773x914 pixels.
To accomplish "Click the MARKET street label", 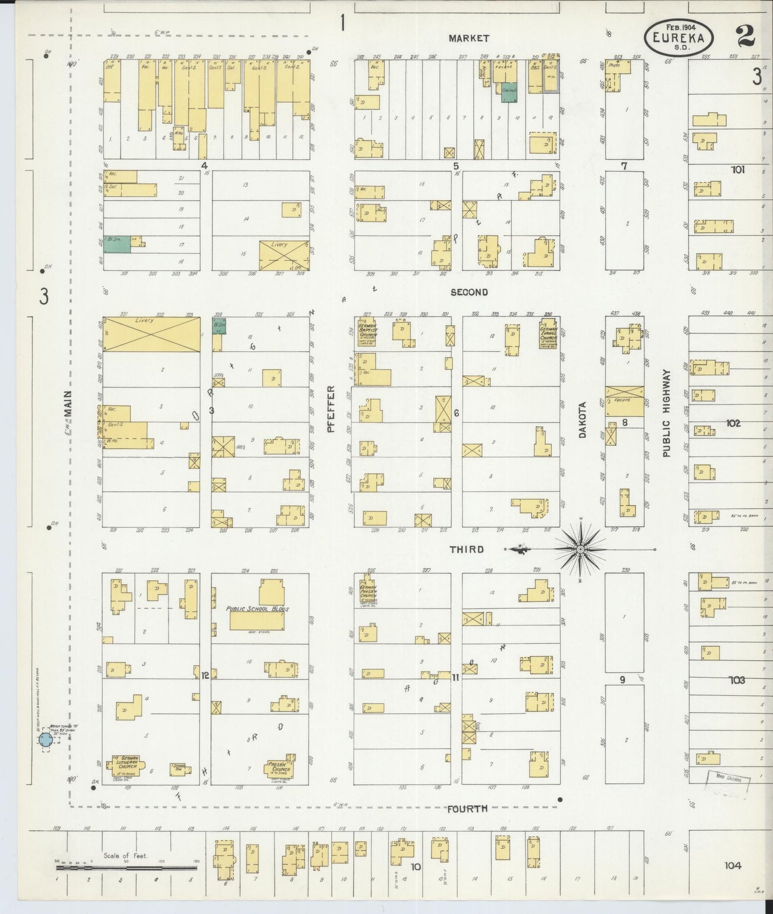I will pos(469,38).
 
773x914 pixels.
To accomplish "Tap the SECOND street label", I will pos(469,292).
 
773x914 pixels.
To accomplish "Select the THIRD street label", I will pos(466,549).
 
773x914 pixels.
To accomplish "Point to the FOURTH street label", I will pos(468,809).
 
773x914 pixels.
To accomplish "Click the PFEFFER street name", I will pos(331,409).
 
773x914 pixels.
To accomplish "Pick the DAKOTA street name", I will pos(583,420).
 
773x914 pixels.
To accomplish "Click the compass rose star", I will pos(581,549).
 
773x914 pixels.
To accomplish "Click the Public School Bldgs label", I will pos(257,609).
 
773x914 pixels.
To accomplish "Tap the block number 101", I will pos(738,170).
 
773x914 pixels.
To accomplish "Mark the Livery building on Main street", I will pos(151,335).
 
